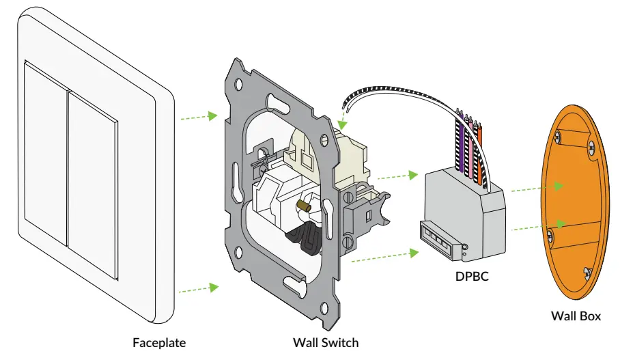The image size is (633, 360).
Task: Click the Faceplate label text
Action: point(158,342)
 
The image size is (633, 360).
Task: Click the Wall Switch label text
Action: point(325,342)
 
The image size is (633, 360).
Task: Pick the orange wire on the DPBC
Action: point(481,148)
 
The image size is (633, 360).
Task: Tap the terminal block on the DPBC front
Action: point(436,241)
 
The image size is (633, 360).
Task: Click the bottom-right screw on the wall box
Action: point(586,274)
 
